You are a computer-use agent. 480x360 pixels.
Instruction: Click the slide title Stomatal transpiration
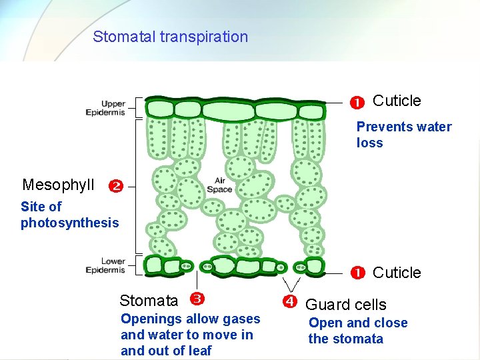[170, 37]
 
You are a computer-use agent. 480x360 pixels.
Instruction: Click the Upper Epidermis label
[105, 108]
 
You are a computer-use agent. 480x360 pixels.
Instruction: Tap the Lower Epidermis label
[105, 265]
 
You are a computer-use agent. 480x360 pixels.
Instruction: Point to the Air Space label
[219, 185]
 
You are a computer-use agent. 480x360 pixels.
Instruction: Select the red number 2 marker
[115, 186]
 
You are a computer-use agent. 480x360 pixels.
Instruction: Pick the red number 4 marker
[289, 301]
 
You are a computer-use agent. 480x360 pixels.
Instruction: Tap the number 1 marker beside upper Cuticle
[357, 103]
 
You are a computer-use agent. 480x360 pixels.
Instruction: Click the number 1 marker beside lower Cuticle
[358, 272]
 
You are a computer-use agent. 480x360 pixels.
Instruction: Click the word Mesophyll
[58, 185]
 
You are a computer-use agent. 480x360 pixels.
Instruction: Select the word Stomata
[149, 301]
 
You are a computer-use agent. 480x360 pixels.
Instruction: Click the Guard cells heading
[345, 305]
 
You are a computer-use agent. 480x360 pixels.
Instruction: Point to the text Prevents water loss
[403, 135]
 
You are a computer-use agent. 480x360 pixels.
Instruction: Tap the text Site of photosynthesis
[69, 215]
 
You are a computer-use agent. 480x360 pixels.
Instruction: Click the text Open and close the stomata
[357, 331]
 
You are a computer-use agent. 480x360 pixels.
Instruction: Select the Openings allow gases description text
[190, 335]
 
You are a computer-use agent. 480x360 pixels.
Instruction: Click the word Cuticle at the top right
[397, 101]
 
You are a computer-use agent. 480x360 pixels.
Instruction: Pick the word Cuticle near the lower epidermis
[397, 273]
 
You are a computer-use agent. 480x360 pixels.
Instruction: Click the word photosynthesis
[69, 223]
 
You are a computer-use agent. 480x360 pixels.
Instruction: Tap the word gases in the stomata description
[241, 319]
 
